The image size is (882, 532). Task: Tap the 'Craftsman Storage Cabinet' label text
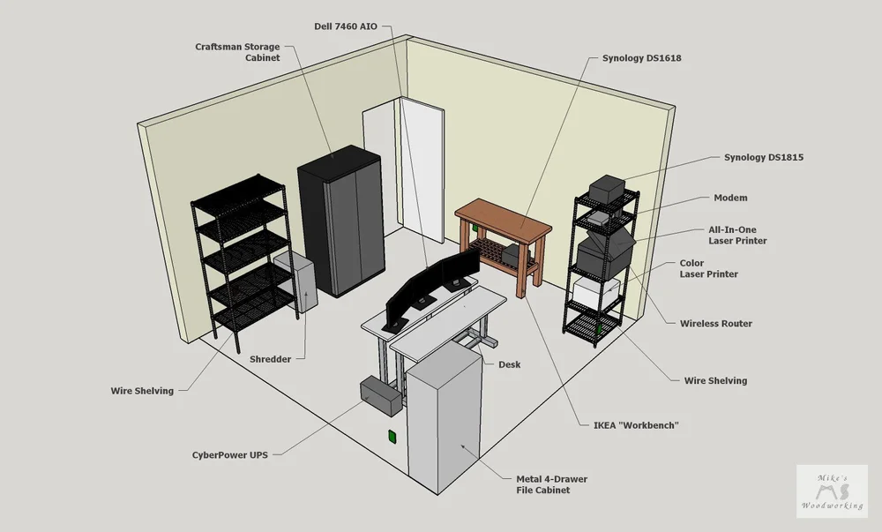(237, 51)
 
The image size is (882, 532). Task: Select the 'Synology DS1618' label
(641, 58)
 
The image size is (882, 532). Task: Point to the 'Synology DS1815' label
(763, 157)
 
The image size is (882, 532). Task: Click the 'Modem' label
(730, 199)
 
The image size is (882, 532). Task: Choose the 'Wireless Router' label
(715, 324)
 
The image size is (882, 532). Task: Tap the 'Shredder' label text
(270, 359)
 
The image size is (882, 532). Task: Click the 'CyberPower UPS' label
(229, 455)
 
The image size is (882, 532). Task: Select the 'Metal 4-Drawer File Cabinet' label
(551, 484)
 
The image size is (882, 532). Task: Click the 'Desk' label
(509, 364)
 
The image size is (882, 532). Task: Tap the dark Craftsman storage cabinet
(341, 221)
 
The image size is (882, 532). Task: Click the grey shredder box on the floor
(295, 281)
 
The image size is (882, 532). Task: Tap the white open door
(422, 168)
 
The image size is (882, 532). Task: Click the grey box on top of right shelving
(608, 188)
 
